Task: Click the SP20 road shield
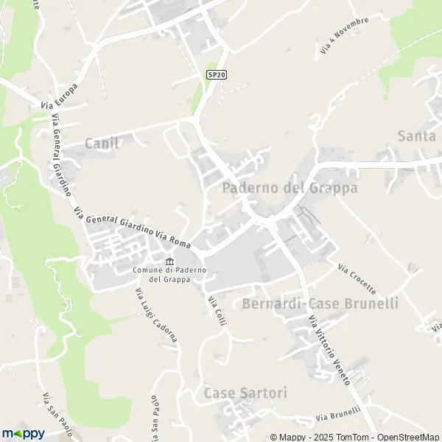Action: [x=215, y=74]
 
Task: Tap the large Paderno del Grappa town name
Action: [x=290, y=188]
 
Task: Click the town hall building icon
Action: [x=170, y=262]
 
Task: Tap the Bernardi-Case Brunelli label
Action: [x=320, y=304]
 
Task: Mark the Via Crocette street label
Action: [x=357, y=278]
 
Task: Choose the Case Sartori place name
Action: [x=246, y=393]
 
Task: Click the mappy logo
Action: [x=23, y=433]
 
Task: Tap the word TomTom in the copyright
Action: [x=347, y=437]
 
